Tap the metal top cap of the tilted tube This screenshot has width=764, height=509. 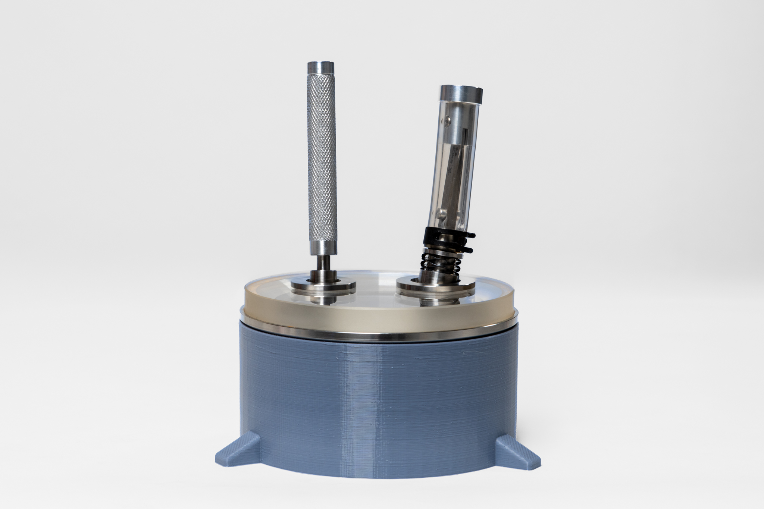pos(461,95)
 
